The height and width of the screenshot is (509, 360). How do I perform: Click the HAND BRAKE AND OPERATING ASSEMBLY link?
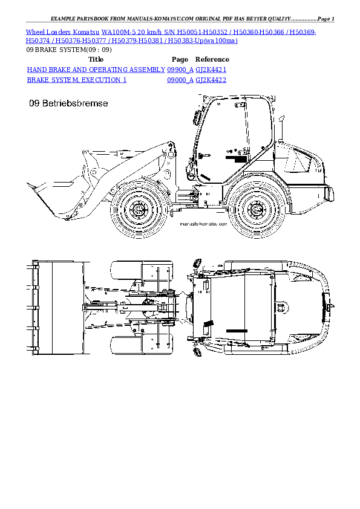tap(96, 70)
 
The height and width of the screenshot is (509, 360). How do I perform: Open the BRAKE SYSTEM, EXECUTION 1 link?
tap(77, 80)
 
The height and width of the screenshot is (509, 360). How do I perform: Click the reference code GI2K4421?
tap(211, 70)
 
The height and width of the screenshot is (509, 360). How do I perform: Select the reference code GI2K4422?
tap(211, 80)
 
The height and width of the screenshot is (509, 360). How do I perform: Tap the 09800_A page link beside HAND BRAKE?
tap(180, 70)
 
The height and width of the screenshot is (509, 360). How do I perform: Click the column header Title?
tap(96, 59)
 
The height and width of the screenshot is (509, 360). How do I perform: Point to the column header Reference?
tap(212, 59)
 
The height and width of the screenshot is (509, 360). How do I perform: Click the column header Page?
tap(180, 59)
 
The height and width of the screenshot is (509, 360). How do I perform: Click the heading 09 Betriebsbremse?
tap(68, 104)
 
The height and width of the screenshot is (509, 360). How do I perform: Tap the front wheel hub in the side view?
tap(139, 210)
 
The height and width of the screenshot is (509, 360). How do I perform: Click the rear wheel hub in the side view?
tap(256, 210)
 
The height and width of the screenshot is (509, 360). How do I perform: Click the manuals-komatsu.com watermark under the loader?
tap(201, 224)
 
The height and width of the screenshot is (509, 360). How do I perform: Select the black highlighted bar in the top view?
tap(237, 331)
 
